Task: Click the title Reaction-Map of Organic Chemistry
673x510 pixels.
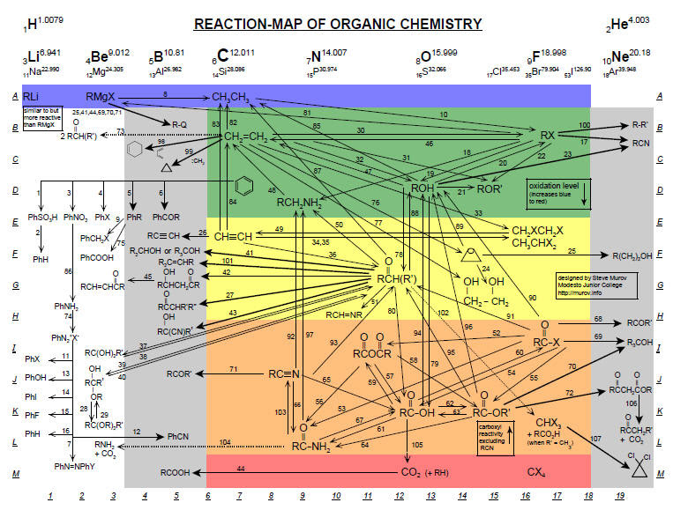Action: [x=338, y=24]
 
